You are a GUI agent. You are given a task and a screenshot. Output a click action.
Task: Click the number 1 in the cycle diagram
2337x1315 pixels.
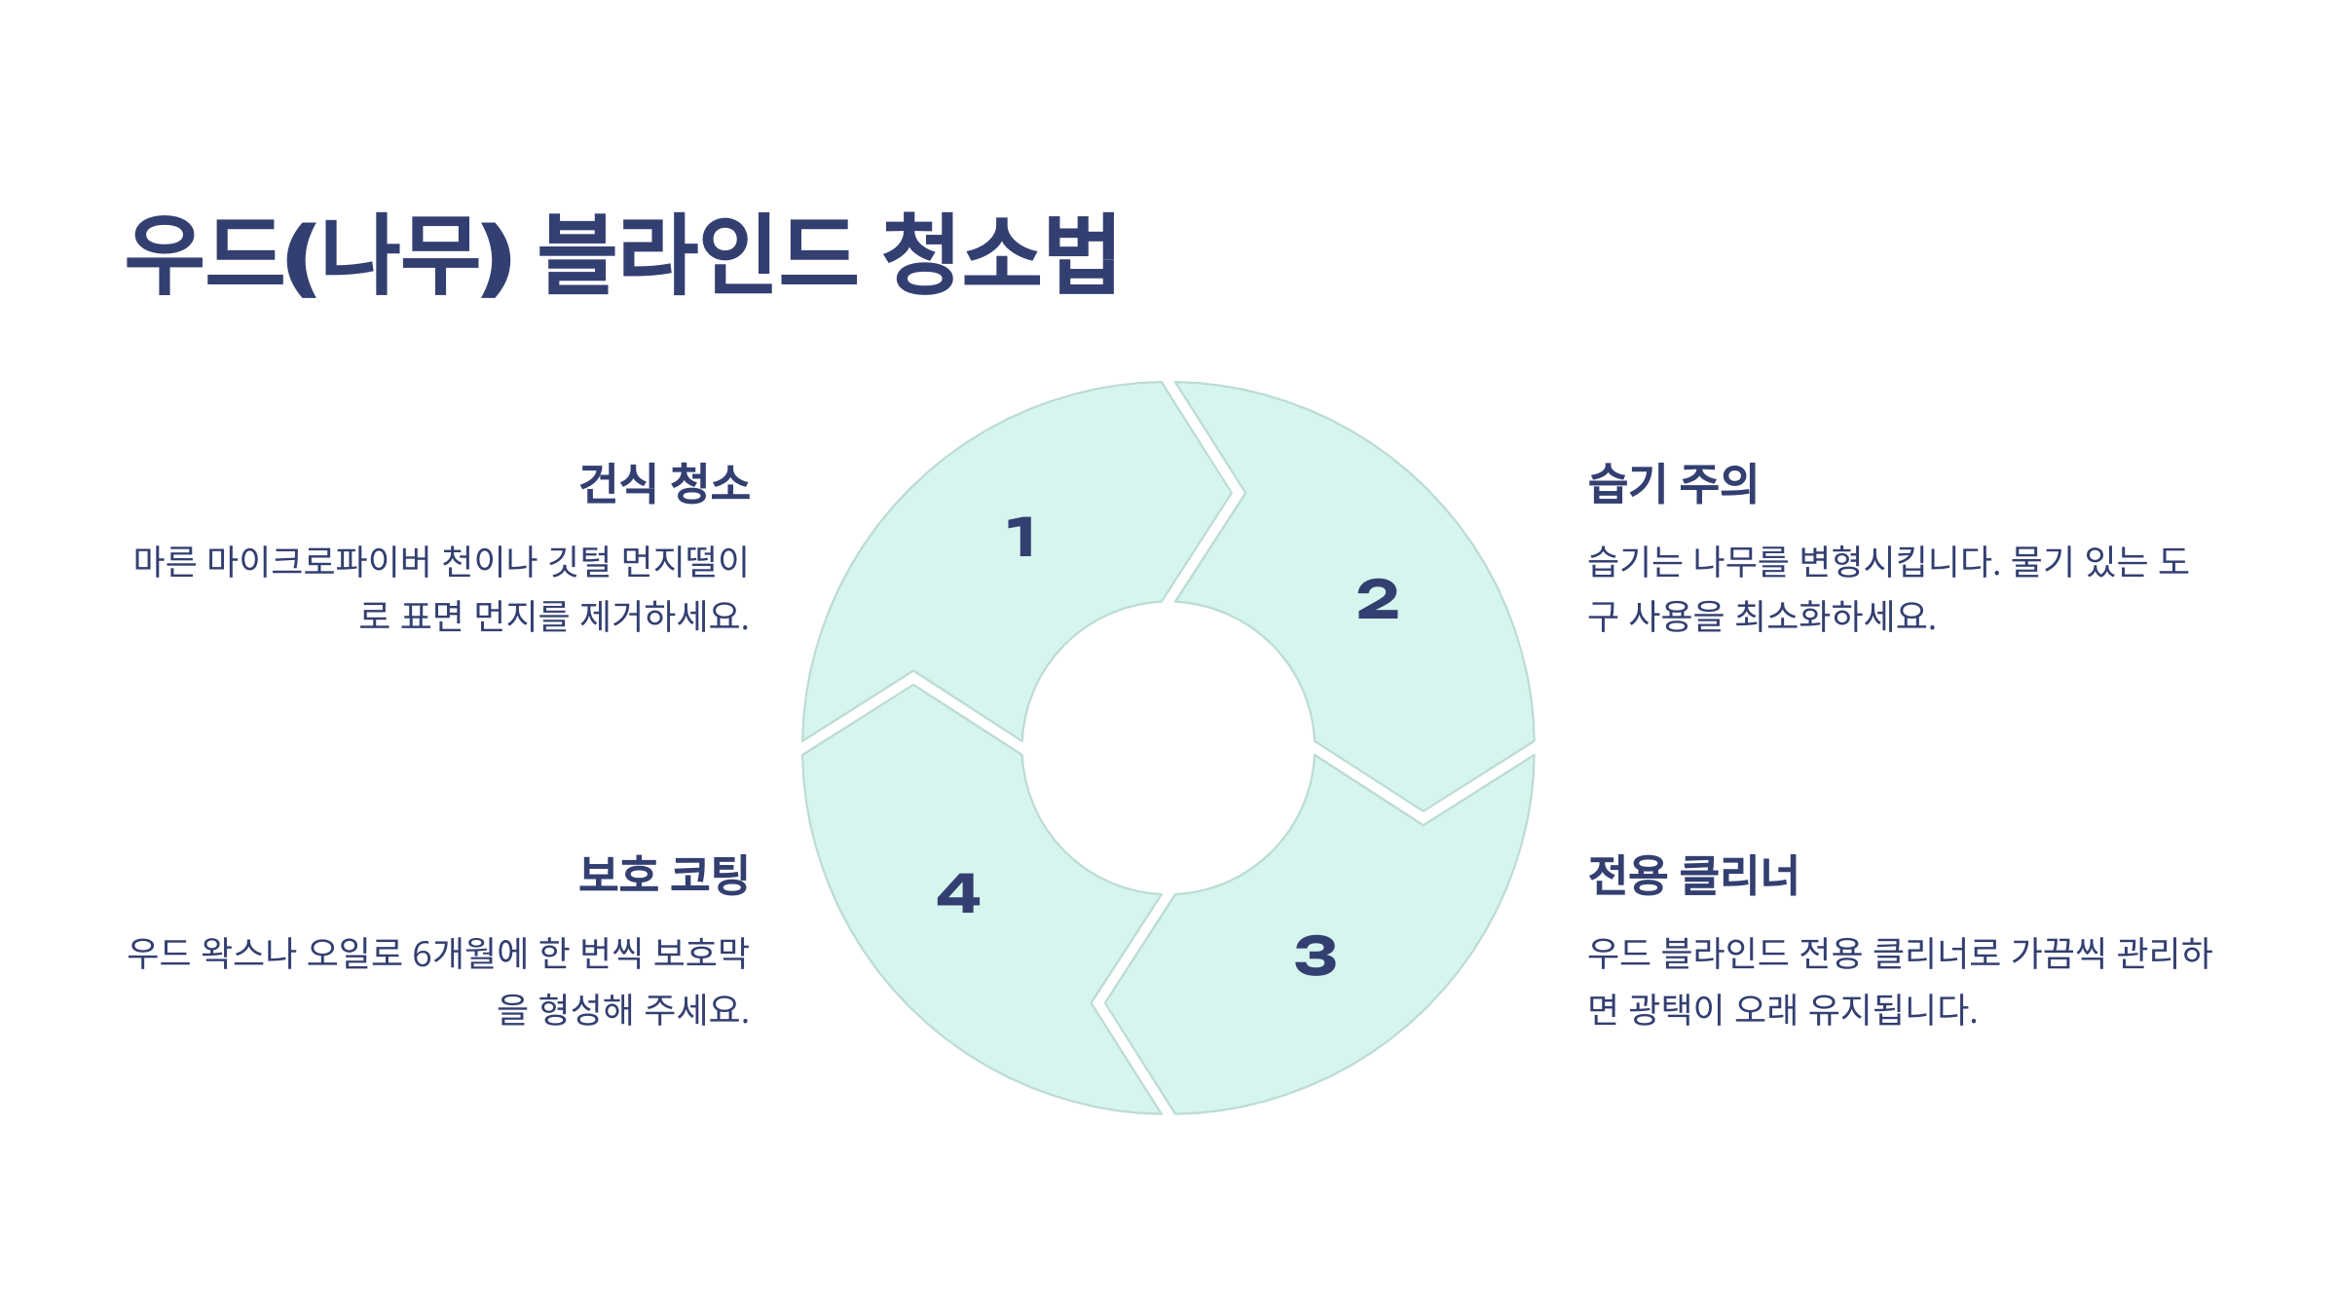click(1021, 538)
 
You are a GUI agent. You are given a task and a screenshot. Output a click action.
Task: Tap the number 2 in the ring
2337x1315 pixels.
click(1378, 599)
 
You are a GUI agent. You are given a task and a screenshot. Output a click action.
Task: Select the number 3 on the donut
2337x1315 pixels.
click(1316, 956)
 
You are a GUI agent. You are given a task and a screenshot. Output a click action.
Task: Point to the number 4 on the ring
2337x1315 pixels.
click(958, 893)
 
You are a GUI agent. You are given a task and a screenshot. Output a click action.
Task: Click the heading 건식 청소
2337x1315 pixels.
click(664, 483)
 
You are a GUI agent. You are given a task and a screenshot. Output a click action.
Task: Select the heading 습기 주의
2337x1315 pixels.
click(1672, 483)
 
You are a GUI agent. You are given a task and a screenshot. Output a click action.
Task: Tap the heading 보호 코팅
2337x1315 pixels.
click(664, 874)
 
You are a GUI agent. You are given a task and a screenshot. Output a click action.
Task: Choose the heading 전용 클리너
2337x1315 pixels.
click(1692, 874)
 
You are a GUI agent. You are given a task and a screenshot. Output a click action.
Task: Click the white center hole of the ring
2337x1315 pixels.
click(1168, 748)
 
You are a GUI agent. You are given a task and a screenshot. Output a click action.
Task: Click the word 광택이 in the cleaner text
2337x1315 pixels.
click(1676, 1009)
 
